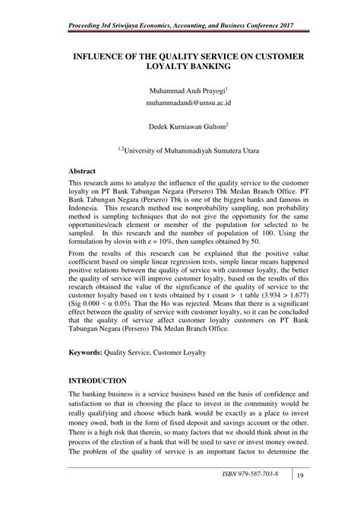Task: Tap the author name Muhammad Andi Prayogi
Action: coord(178,92)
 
